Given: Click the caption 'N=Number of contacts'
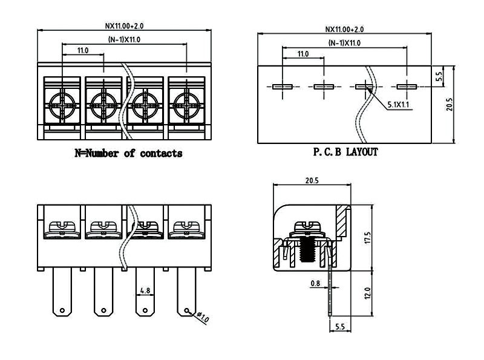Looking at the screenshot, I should click(x=128, y=154).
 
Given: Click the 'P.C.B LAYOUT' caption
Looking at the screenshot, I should click(x=345, y=152).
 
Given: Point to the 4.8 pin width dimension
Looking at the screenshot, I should click(x=145, y=291).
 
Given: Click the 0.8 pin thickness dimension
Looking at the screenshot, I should click(x=315, y=283).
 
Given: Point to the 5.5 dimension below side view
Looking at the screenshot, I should click(x=339, y=327).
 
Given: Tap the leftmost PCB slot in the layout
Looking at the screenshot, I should click(x=283, y=87).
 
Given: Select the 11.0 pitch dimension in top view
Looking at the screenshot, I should click(x=83, y=51).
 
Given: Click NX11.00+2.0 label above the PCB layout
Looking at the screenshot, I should click(x=345, y=29).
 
